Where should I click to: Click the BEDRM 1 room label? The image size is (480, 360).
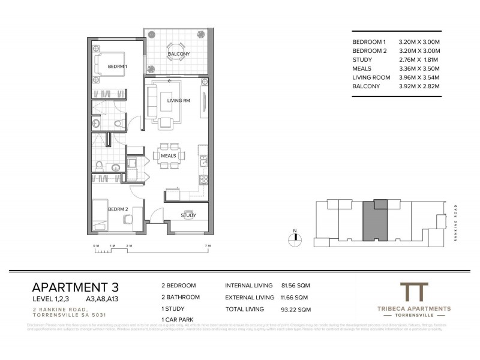coord(117,66)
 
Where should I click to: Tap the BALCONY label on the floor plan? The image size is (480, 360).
coord(179,54)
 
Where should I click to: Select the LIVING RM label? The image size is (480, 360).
coord(178,101)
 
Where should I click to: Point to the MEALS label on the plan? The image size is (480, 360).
coord(168,156)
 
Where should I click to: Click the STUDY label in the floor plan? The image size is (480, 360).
coord(188,215)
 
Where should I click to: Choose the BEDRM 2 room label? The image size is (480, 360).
coord(117,209)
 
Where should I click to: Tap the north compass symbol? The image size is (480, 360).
coord(295,238)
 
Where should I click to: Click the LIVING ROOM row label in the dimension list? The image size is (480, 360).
coord(371,78)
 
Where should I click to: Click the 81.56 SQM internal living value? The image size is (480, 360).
coord(295,286)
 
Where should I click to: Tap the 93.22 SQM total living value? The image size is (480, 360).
coord(295,310)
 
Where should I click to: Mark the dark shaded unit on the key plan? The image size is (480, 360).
coord(375,222)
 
